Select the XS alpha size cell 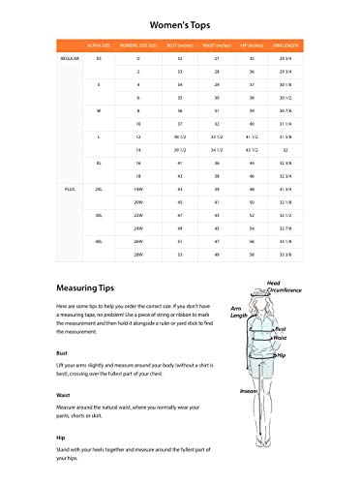[99, 59]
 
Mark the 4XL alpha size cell [99, 240]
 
